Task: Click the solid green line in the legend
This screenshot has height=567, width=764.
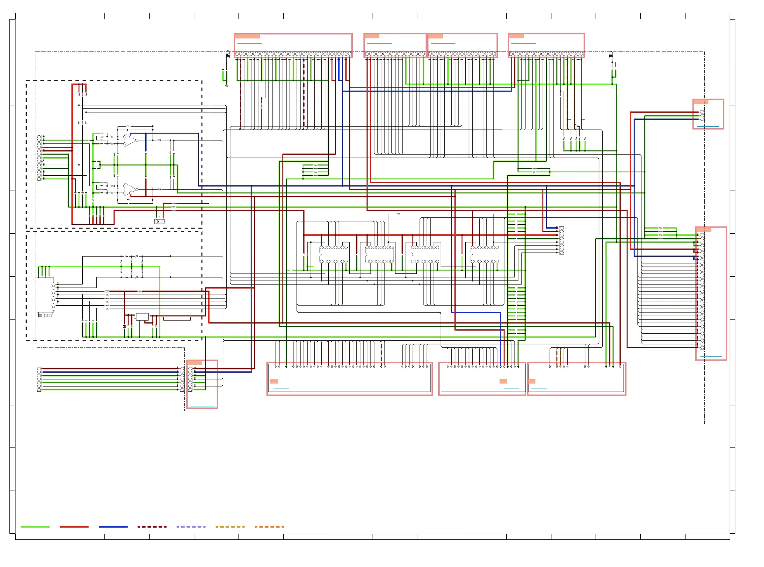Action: click(35, 527)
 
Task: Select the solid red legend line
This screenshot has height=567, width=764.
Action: click(74, 527)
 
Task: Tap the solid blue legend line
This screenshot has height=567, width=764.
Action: click(113, 527)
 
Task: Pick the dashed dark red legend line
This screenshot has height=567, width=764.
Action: click(152, 527)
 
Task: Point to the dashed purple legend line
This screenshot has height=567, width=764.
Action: click(191, 527)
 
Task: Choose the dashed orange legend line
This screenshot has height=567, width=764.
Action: click(269, 527)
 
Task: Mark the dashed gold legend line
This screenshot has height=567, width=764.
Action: click(230, 527)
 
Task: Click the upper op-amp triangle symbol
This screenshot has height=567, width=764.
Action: click(130, 140)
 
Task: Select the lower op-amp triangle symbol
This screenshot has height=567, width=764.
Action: click(130, 189)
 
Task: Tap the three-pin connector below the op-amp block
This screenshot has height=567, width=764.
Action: click(160, 221)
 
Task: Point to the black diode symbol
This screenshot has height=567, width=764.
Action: click(124, 326)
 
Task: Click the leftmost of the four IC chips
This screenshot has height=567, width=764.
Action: click(333, 254)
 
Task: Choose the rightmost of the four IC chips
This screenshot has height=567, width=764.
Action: click(484, 254)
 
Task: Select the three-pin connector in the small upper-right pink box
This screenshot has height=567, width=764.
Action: click(702, 116)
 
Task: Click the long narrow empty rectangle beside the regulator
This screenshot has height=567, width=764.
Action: click(177, 319)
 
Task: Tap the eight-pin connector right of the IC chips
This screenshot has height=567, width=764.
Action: click(562, 240)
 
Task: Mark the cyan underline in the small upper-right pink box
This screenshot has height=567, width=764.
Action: click(708, 127)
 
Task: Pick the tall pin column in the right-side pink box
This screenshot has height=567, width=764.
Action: click(702, 291)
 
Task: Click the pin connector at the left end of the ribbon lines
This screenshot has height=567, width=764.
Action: click(39, 379)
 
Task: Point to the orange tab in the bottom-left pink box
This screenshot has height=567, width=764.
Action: click(194, 362)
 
